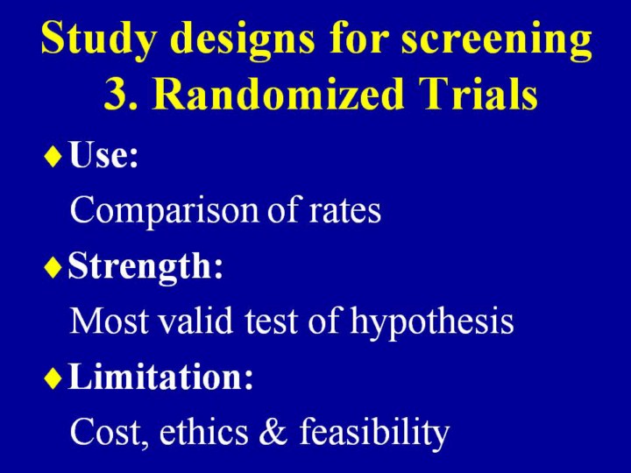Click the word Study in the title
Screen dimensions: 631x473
[x=98, y=39]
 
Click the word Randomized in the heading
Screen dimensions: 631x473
[x=278, y=93]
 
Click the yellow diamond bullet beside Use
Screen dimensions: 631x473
[x=53, y=157]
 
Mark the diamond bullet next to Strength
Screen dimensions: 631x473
[x=53, y=267]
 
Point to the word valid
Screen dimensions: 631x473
[x=195, y=321]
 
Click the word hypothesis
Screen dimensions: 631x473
[x=432, y=322]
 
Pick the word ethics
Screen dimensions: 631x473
[x=203, y=431]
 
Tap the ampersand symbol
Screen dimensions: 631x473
[x=273, y=432]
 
